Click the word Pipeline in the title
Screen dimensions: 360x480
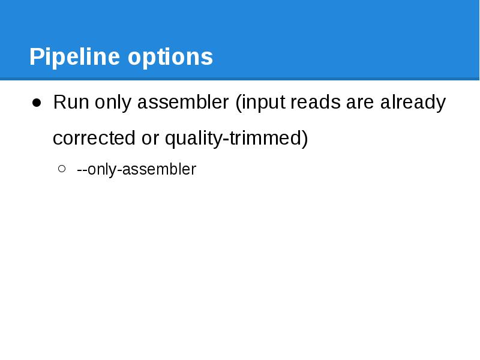(75, 58)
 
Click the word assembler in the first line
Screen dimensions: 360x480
(182, 103)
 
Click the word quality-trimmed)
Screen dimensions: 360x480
(236, 139)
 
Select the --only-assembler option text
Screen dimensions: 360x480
(136, 170)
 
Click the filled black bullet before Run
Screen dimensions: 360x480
(37, 103)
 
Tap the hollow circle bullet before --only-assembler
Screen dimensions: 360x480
(62, 170)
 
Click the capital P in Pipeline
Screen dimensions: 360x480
(36, 58)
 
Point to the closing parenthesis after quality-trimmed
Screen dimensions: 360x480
(305, 139)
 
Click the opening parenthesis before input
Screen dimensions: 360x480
(238, 103)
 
